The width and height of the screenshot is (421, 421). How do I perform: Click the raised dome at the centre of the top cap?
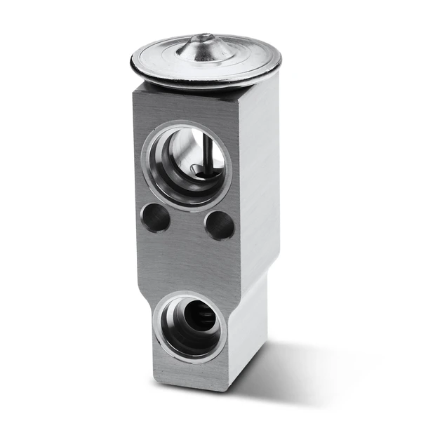click(x=204, y=46)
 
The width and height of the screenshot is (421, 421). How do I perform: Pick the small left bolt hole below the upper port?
click(x=156, y=218)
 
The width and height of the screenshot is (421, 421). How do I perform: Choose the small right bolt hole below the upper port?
click(x=219, y=225)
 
